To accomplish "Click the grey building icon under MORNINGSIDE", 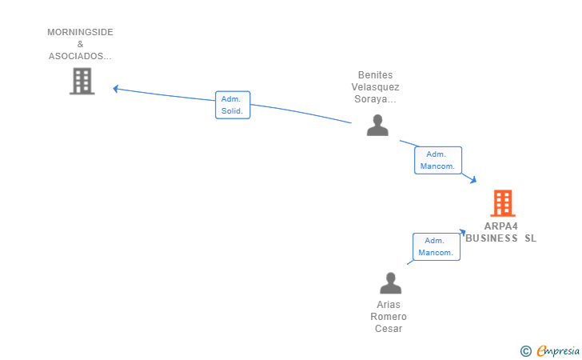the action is point(82,81).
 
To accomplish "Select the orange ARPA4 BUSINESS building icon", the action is point(503,203).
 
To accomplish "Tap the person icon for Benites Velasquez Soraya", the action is point(377,126).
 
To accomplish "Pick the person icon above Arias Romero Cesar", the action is point(390,283).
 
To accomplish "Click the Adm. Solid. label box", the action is point(233,105).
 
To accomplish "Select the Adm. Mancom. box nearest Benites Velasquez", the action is point(438,160).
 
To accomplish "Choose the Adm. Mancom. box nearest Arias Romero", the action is point(436,246).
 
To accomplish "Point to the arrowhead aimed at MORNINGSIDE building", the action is point(115,89).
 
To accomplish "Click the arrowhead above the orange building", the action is point(473,180).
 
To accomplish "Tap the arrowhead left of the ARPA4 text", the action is point(463,232).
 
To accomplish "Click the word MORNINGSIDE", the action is point(80,32).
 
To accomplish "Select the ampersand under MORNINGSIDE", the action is point(81,44).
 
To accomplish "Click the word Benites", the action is point(375,75).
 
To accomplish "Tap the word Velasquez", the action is point(375,87).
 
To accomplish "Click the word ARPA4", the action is point(500,226).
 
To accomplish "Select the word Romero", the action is point(389,317).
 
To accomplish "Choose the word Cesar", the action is point(389,329).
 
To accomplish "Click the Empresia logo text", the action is point(558,350).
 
